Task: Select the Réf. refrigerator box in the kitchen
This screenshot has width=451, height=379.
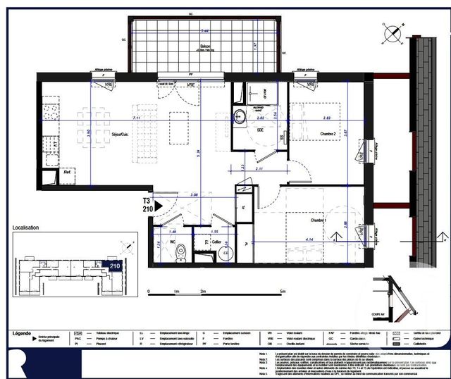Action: tap(68, 171)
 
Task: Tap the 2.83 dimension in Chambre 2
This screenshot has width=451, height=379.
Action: tap(326, 119)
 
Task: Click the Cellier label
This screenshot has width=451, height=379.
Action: tap(217, 242)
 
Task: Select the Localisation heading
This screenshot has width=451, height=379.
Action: tap(26, 228)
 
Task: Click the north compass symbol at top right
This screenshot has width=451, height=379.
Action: tap(390, 32)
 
